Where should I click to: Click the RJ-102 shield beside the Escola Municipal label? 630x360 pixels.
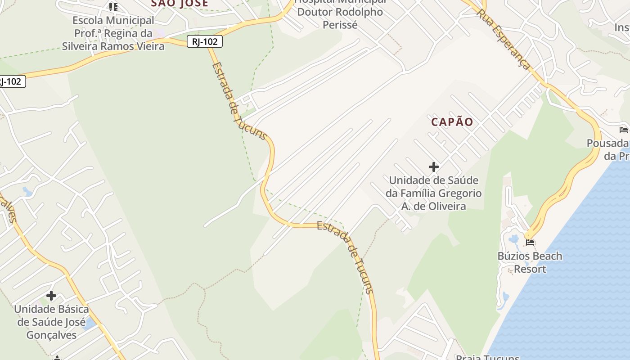[x=205, y=42]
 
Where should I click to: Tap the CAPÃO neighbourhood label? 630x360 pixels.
[x=452, y=122]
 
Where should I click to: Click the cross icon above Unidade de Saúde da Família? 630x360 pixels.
[x=433, y=167]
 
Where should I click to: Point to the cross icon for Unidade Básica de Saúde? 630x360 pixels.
[x=51, y=296]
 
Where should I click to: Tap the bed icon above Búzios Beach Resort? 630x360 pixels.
[x=530, y=243]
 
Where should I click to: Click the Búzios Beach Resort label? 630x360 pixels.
[x=530, y=262]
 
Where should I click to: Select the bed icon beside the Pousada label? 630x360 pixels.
[x=623, y=130]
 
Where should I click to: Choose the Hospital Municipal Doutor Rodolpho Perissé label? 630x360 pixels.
[x=340, y=13]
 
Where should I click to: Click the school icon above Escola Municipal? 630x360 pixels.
[x=113, y=7]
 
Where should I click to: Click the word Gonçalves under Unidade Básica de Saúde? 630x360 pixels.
[x=51, y=335]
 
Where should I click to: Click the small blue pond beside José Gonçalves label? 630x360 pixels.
[x=90, y=324]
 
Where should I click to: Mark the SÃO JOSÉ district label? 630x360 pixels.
[x=180, y=4]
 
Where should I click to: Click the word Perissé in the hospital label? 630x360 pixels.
[x=340, y=25]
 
